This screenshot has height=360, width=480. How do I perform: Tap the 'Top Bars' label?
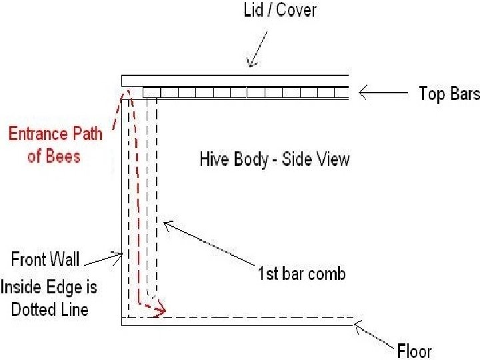tap(449, 93)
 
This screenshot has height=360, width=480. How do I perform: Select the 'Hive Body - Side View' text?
tap(274, 159)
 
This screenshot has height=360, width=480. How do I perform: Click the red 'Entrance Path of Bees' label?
tap(55, 145)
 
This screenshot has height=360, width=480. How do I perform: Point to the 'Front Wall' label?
tap(45, 258)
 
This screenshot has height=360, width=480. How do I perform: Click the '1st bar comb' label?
tap(301, 273)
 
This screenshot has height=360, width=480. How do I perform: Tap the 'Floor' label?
tap(414, 350)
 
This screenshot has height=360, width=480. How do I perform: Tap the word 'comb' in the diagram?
tap(327, 273)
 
